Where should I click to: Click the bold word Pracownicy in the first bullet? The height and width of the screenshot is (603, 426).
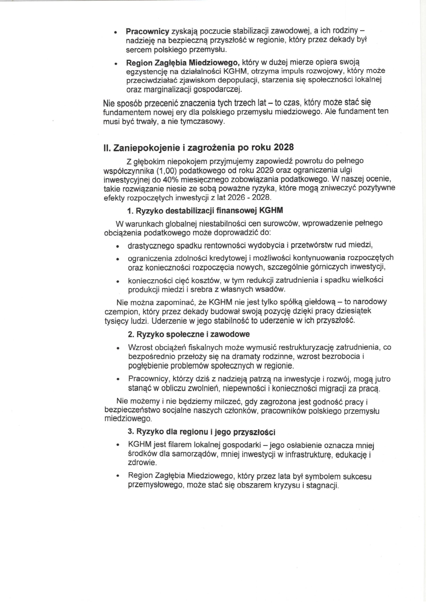[x=147, y=32]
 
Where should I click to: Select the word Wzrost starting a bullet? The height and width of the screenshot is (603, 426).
[x=141, y=347]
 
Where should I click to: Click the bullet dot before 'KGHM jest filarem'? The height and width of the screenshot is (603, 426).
[x=118, y=445]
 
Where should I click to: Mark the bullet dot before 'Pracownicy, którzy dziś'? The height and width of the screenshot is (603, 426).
[x=118, y=380]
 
